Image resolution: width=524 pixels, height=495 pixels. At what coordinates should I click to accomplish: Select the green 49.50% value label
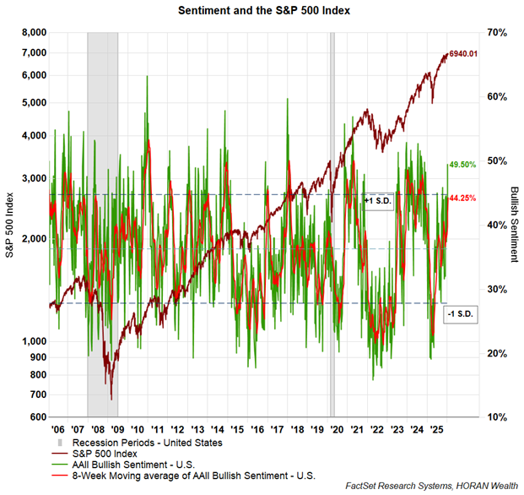[x=463, y=165]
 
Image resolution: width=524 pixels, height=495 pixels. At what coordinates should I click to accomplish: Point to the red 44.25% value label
[x=463, y=198]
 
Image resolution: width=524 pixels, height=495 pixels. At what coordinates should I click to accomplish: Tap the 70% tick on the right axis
[x=495, y=33]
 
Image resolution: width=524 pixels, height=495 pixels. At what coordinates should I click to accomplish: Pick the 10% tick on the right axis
[x=495, y=417]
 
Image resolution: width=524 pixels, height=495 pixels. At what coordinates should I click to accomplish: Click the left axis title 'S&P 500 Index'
[x=10, y=225]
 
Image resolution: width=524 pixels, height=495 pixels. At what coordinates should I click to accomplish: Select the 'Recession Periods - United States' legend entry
[x=141, y=442]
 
